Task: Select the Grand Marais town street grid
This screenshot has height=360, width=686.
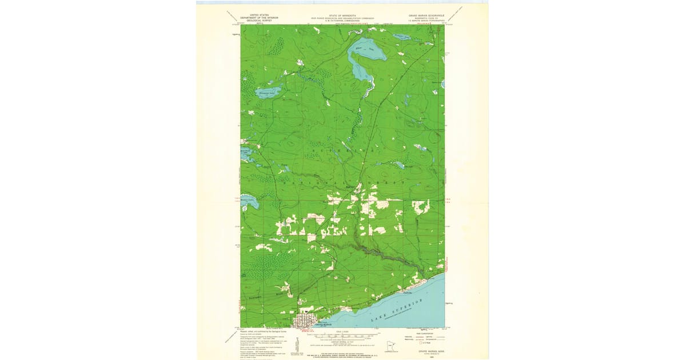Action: [306, 321]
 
